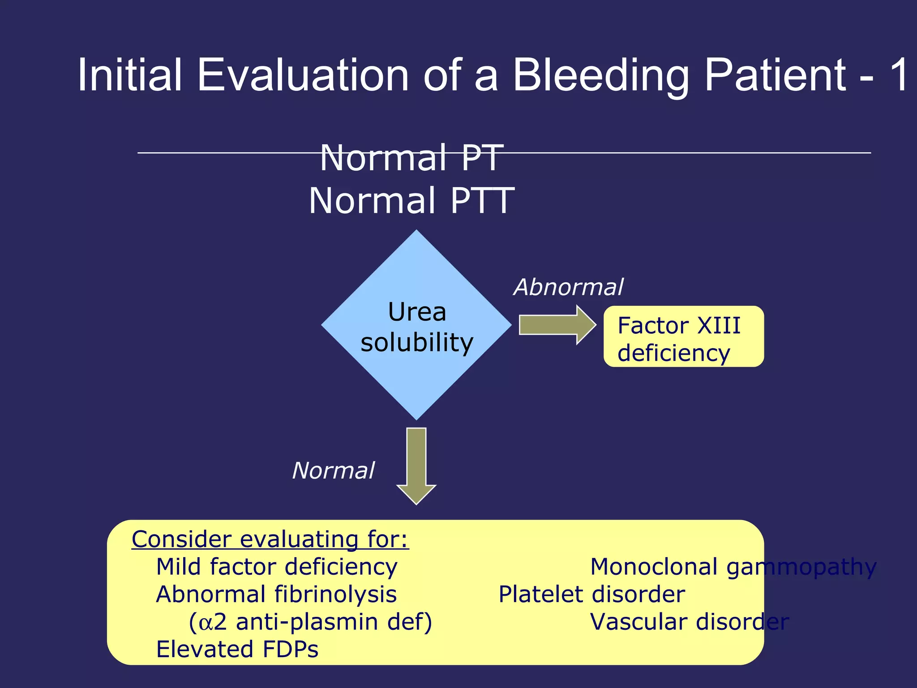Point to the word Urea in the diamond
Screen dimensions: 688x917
click(417, 312)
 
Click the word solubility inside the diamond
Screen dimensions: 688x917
click(417, 343)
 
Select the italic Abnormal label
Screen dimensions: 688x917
click(568, 287)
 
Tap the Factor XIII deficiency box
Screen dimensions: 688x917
click(683, 337)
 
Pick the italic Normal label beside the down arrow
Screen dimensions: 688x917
click(333, 471)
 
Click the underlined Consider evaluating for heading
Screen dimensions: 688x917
click(270, 539)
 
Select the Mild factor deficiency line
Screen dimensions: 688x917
click(276, 567)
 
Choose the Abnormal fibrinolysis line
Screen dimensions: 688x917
click(276, 595)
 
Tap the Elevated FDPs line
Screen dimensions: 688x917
click(237, 649)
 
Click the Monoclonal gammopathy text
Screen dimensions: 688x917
click(733, 567)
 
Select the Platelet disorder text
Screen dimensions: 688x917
click(591, 595)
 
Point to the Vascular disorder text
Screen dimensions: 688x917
click(689, 622)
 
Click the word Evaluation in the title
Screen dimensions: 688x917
click(303, 75)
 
